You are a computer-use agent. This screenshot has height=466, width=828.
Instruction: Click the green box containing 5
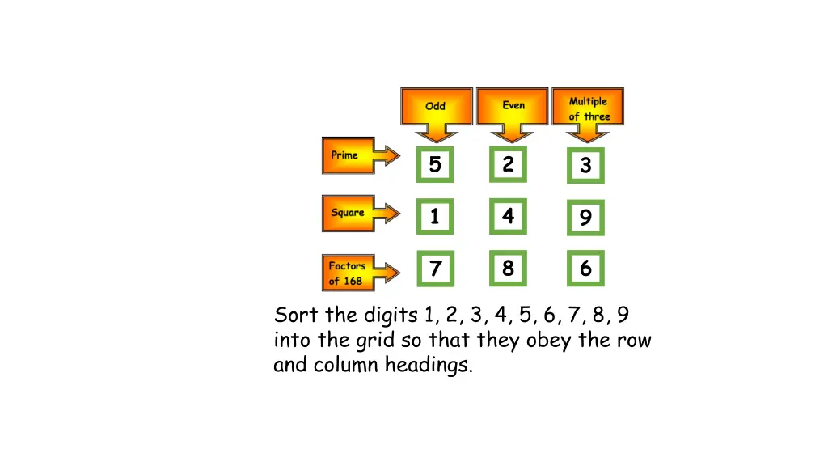click(x=435, y=165)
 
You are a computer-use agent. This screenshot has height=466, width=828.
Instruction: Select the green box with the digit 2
click(x=508, y=164)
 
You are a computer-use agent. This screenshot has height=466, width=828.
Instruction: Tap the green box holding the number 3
click(x=585, y=166)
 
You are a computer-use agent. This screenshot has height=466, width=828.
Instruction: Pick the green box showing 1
click(x=435, y=217)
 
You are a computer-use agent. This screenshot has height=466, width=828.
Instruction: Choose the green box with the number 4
click(x=508, y=216)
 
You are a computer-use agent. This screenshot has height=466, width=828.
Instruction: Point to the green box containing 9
click(x=585, y=218)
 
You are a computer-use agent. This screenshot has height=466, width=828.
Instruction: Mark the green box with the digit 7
click(x=435, y=269)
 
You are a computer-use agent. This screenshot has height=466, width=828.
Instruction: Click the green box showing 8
click(x=508, y=268)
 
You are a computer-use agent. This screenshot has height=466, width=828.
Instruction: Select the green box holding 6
click(x=585, y=269)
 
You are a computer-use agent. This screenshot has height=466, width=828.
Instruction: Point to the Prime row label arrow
click(x=356, y=155)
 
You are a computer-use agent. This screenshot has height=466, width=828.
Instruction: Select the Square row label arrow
click(x=356, y=213)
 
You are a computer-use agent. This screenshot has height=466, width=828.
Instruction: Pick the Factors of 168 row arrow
click(x=356, y=273)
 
